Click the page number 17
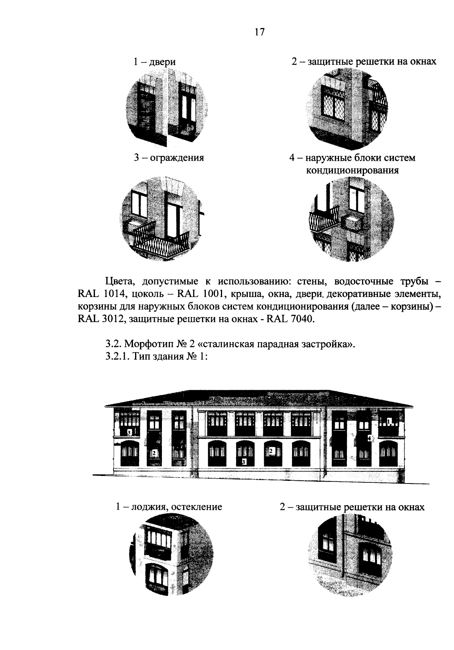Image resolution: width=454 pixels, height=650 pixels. point(259,32)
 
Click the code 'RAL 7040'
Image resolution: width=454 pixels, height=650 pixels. point(290,319)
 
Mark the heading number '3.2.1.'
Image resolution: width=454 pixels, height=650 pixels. point(118,357)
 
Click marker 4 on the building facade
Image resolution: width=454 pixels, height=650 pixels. point(370,438)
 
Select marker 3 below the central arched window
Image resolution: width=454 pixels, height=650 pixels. point(244,462)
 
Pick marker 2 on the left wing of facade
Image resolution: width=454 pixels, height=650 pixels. point(154,453)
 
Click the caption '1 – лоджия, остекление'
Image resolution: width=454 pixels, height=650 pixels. point(169,507)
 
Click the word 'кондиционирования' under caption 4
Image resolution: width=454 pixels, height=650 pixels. point(352,170)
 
